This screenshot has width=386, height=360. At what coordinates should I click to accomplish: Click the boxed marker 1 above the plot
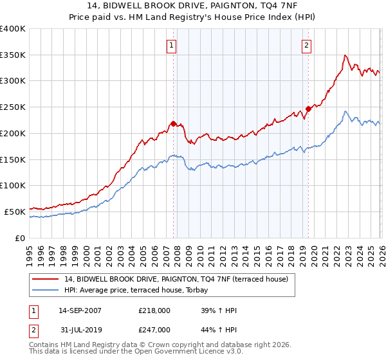coord(172,45)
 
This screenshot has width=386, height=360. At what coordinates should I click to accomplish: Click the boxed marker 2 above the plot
coord(306,45)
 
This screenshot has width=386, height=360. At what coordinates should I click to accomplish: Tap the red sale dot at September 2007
coord(173,123)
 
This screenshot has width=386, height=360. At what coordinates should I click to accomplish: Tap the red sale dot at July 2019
coord(308,109)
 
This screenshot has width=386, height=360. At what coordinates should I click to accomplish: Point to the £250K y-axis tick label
coord(13,107)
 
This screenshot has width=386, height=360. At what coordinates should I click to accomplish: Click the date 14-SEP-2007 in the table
coord(80,310)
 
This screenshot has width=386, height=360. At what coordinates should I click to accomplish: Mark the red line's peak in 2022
coord(345,55)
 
